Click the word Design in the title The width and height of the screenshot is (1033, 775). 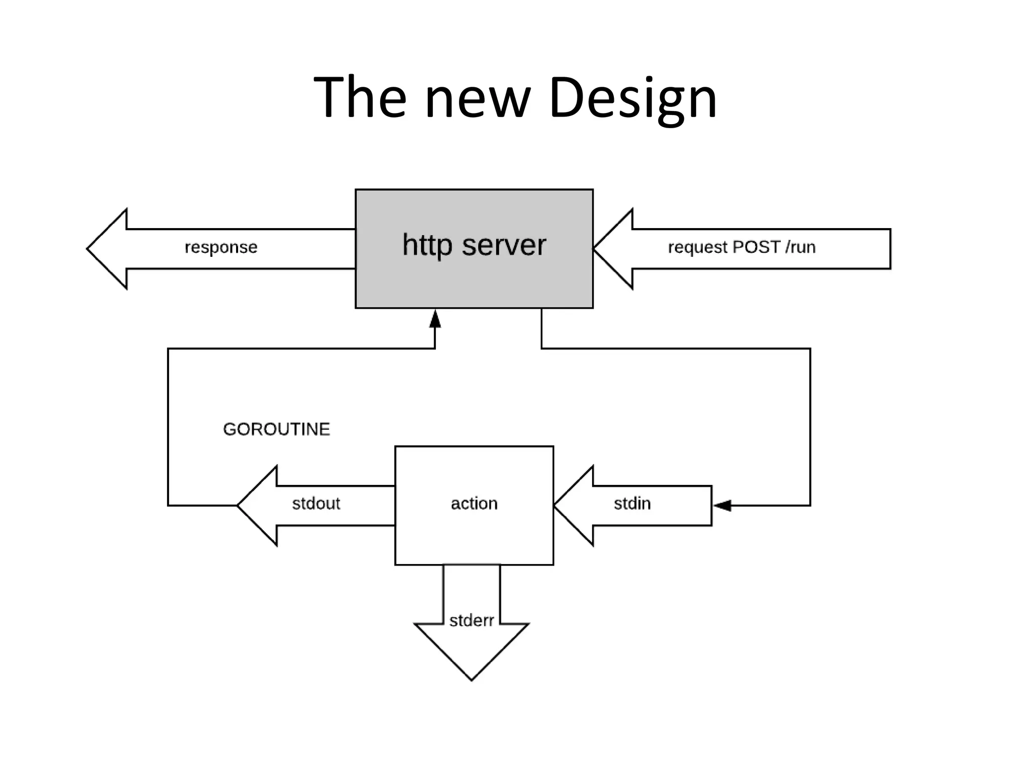pyautogui.click(x=633, y=97)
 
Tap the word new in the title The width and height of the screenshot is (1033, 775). pyautogui.click(x=478, y=97)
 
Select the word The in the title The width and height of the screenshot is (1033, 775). pyautogui.click(x=360, y=97)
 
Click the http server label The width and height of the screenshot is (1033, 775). pyautogui.click(x=474, y=245)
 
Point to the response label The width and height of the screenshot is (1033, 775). pyautogui.click(x=221, y=247)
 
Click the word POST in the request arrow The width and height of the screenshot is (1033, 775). pyautogui.click(x=756, y=247)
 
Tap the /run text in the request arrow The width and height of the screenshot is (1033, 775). pyautogui.click(x=800, y=247)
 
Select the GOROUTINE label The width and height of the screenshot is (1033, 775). pyautogui.click(x=276, y=429)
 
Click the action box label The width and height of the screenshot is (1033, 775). pyautogui.click(x=474, y=504)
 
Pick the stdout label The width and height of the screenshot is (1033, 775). pyautogui.click(x=316, y=504)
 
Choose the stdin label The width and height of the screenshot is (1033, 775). pyautogui.click(x=632, y=504)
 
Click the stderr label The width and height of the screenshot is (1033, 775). pyautogui.click(x=472, y=621)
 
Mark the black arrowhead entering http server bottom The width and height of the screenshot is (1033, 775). pyautogui.click(x=435, y=319)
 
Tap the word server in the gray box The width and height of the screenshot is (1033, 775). pyautogui.click(x=503, y=245)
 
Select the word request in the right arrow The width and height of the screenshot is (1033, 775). pyautogui.click(x=698, y=247)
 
